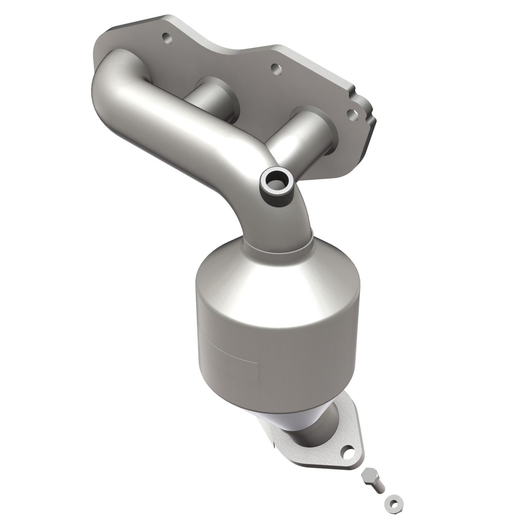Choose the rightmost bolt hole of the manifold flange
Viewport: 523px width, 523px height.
353,113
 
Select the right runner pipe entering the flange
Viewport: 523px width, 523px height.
303,143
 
